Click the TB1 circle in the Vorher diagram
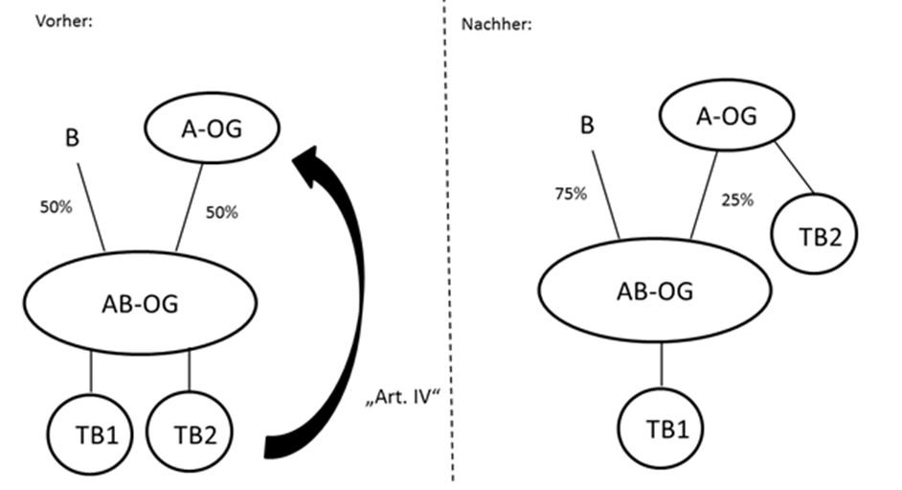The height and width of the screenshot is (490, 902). click(x=91, y=434)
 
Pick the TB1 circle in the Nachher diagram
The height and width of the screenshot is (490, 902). click(x=662, y=428)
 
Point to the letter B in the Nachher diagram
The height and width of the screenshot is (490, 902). click(x=588, y=127)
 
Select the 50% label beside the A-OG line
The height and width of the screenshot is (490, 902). click(x=221, y=213)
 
